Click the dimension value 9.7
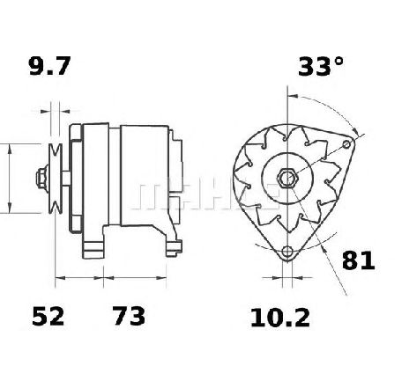[x=49, y=66]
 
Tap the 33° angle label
[x=321, y=66]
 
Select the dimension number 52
[x=48, y=316]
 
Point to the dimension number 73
[x=130, y=316]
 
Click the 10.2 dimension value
[x=280, y=318]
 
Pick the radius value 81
[x=359, y=260]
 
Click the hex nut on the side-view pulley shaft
[x=42, y=179]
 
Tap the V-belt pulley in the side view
[x=56, y=179]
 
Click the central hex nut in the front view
[x=287, y=179]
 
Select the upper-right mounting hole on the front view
[x=347, y=144]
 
